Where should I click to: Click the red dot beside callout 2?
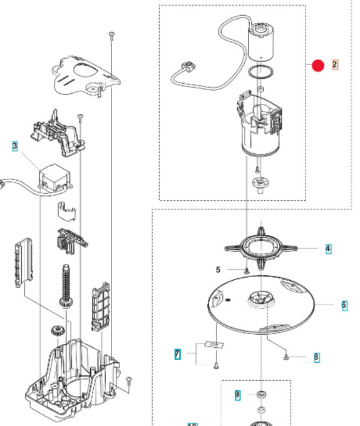point(318,65)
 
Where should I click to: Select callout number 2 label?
point(335,65)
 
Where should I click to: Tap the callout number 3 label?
point(14,146)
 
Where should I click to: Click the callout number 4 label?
point(328,248)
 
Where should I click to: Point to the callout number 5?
point(218,270)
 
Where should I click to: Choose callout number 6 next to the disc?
point(344,305)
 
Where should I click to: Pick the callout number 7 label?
point(177,355)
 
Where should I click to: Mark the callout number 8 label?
point(316,357)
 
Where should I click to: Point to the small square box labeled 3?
point(54,177)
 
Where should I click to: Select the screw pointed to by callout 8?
point(286,356)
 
